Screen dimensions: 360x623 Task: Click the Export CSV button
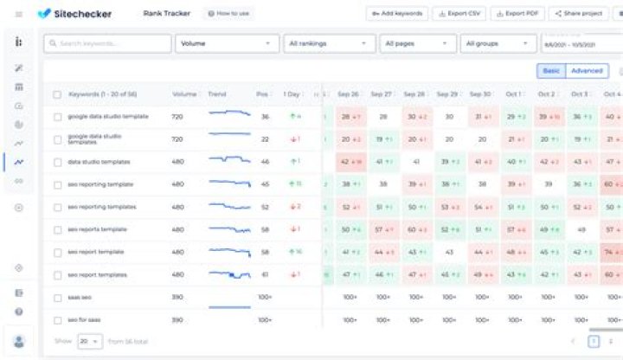461,14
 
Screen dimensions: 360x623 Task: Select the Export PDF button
517,14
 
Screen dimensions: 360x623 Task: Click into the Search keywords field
108,42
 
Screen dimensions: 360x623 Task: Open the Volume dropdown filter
227,42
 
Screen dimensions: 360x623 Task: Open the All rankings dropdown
330,42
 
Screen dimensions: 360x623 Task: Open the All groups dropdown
498,42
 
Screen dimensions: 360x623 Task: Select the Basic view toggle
550,71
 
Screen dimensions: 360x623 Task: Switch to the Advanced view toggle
587,71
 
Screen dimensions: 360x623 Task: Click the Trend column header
217,93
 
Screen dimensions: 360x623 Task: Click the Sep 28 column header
415,93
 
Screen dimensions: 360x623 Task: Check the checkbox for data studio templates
57,162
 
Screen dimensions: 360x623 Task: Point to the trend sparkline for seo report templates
229,274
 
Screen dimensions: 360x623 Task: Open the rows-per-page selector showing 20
89,342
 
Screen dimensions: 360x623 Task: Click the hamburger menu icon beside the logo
19,14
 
